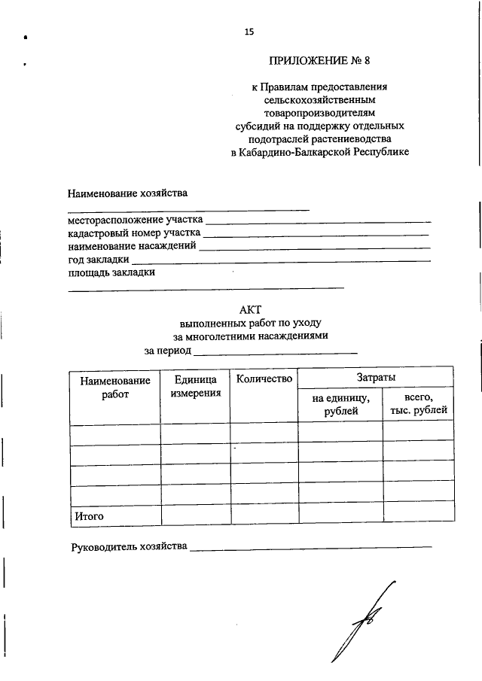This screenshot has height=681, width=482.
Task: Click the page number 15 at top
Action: [x=249, y=32]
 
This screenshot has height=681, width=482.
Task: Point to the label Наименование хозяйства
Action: [x=127, y=193]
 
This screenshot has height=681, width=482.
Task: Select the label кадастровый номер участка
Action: [x=134, y=233]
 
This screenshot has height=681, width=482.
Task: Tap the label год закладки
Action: [x=99, y=259]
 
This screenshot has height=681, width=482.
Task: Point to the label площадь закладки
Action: [x=111, y=272]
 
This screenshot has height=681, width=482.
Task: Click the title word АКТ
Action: [x=250, y=309]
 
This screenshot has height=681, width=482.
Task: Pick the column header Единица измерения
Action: [x=195, y=387]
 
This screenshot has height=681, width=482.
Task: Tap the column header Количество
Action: [x=264, y=379]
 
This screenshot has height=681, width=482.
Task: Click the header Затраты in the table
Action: [x=376, y=378]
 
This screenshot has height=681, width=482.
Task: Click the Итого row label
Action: [x=88, y=517]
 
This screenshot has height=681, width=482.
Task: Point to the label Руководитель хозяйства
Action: [x=128, y=546]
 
